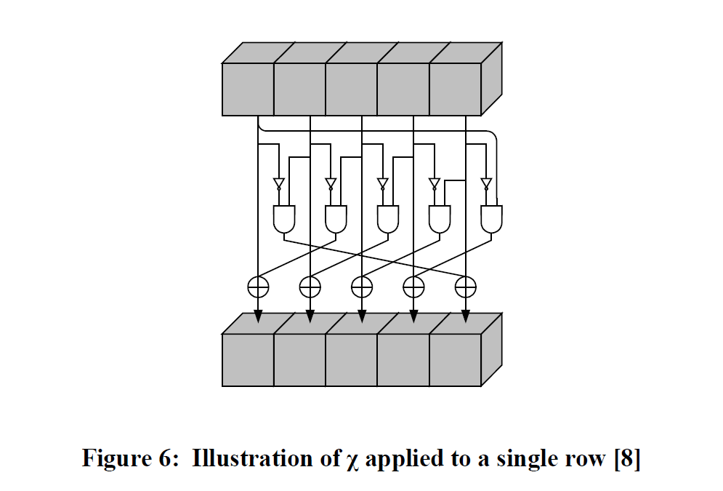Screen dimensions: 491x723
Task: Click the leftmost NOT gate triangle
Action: click(x=279, y=183)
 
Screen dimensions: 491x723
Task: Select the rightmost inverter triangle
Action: click(x=486, y=183)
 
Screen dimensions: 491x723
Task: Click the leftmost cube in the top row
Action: click(x=248, y=89)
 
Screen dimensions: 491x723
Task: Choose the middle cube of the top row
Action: click(x=351, y=89)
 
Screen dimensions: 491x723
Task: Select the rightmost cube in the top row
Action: click(x=455, y=89)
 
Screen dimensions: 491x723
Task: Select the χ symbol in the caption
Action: click(x=354, y=461)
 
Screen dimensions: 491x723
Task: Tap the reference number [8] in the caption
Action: click(x=626, y=460)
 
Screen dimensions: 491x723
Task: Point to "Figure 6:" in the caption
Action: click(x=131, y=460)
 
